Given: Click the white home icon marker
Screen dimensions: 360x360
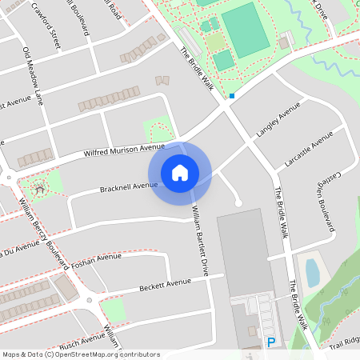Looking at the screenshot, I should pos(179,172).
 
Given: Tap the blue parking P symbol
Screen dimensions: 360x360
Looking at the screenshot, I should pos(271,342).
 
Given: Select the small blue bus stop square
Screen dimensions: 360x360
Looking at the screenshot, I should pos(232,96).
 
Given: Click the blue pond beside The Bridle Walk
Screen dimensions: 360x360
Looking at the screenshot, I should pos(312,272).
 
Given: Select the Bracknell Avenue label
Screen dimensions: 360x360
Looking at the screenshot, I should pos(128,187).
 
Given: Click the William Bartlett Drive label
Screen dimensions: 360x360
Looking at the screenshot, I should pos(199,240).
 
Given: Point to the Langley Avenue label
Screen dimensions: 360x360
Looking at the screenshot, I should pos(278,118).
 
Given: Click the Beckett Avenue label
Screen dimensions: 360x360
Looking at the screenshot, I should pos(165,283).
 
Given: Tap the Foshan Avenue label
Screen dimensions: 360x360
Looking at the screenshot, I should pos(96,258).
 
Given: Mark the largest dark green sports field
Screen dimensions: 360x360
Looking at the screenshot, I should pos(245,30).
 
